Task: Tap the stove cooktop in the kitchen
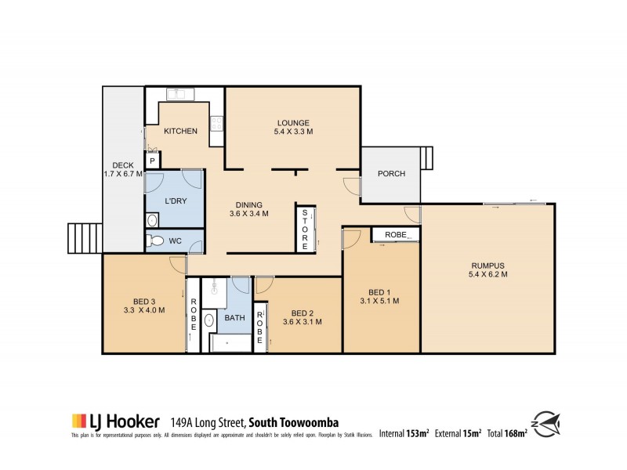click(217, 123)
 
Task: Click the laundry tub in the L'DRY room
click(152, 221)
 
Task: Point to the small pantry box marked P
click(152, 161)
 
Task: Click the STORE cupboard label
click(303, 229)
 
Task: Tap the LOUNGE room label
click(293, 122)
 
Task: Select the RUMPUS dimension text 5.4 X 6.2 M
click(488, 274)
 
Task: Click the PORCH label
click(391, 174)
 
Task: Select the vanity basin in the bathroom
click(209, 320)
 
